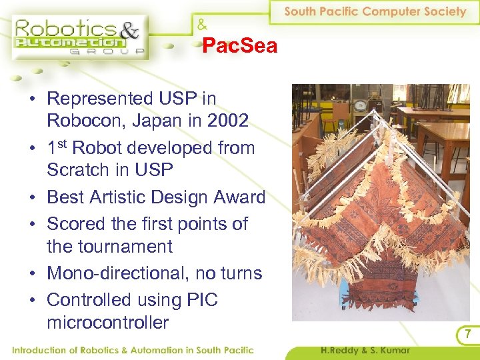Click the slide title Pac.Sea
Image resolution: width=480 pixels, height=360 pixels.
(x=239, y=46)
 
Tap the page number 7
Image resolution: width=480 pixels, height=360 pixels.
(x=468, y=333)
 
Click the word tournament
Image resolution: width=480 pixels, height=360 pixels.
(x=109, y=247)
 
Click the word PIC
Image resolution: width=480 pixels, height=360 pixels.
(x=201, y=300)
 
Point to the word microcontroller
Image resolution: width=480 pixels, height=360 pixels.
(x=107, y=323)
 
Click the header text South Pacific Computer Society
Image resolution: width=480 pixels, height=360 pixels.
(x=375, y=11)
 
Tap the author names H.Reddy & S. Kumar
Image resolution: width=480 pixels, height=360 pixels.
(x=365, y=350)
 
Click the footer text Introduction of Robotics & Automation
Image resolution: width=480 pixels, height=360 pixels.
(x=133, y=350)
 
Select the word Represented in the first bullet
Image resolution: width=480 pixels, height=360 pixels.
(x=100, y=99)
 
